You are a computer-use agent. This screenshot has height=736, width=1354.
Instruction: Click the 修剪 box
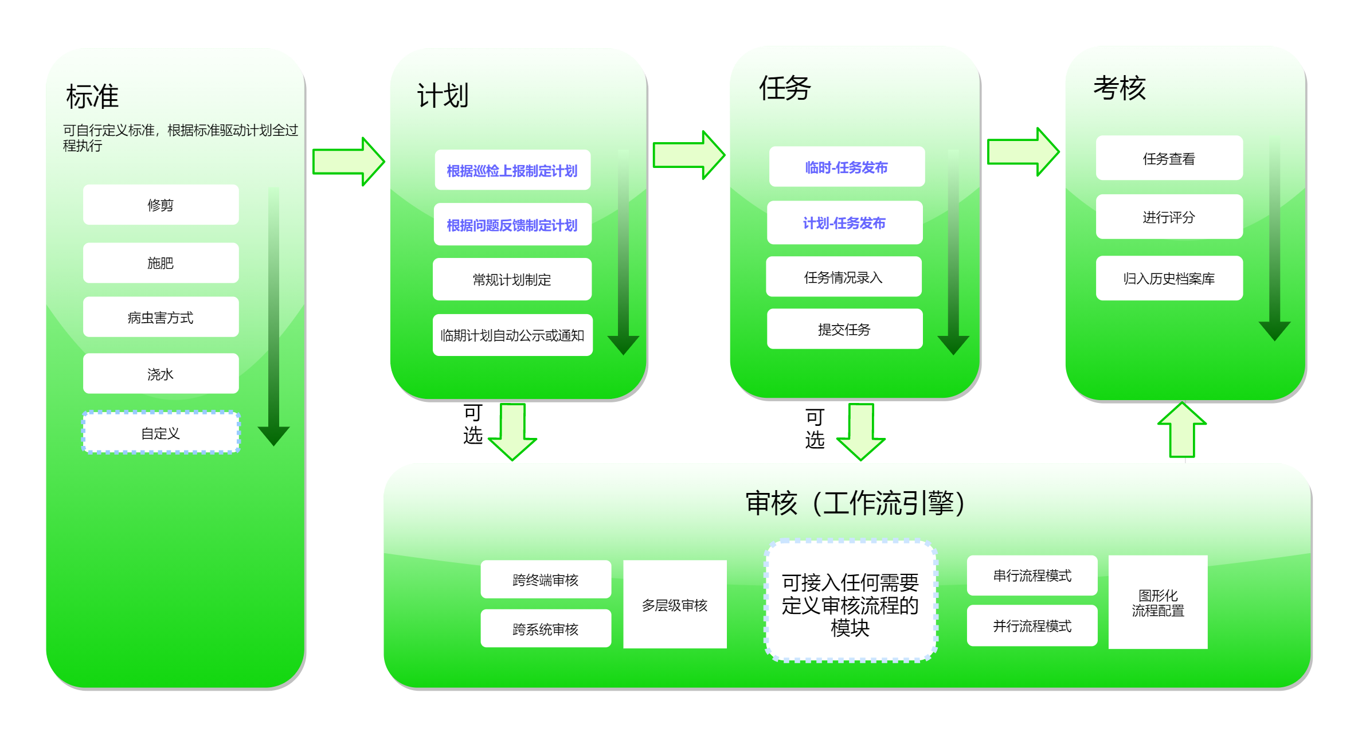pos(161,205)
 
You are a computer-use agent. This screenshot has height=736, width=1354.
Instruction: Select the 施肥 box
pos(161,263)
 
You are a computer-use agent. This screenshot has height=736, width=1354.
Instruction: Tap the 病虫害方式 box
pos(161,317)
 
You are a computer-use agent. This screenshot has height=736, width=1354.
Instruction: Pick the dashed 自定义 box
pos(161,433)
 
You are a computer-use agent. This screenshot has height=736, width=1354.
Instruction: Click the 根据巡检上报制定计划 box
pos(512,170)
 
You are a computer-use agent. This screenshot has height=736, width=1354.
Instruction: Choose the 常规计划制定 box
pos(512,279)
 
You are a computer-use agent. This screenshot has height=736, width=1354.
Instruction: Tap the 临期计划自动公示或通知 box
pos(512,335)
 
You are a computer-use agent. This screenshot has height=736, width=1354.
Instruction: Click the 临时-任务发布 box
pos(846,167)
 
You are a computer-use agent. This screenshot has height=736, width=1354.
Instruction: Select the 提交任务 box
pos(844,329)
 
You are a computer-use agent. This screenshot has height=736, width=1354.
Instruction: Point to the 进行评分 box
pos(1169,217)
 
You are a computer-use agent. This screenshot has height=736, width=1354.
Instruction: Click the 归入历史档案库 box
pos(1169,278)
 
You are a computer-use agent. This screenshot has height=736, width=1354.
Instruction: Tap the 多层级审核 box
pos(675,605)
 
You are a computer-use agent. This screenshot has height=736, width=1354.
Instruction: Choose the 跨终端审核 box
pos(545,580)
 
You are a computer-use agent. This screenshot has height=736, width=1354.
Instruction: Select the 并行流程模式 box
pos(1032,625)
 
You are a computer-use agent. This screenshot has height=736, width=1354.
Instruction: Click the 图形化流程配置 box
pos(1157,602)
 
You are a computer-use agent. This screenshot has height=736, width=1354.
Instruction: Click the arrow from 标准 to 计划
pos(347,161)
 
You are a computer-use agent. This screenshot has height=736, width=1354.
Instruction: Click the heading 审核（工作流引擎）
pos(854,503)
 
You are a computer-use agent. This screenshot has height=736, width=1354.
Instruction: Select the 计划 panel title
pos(443,95)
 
